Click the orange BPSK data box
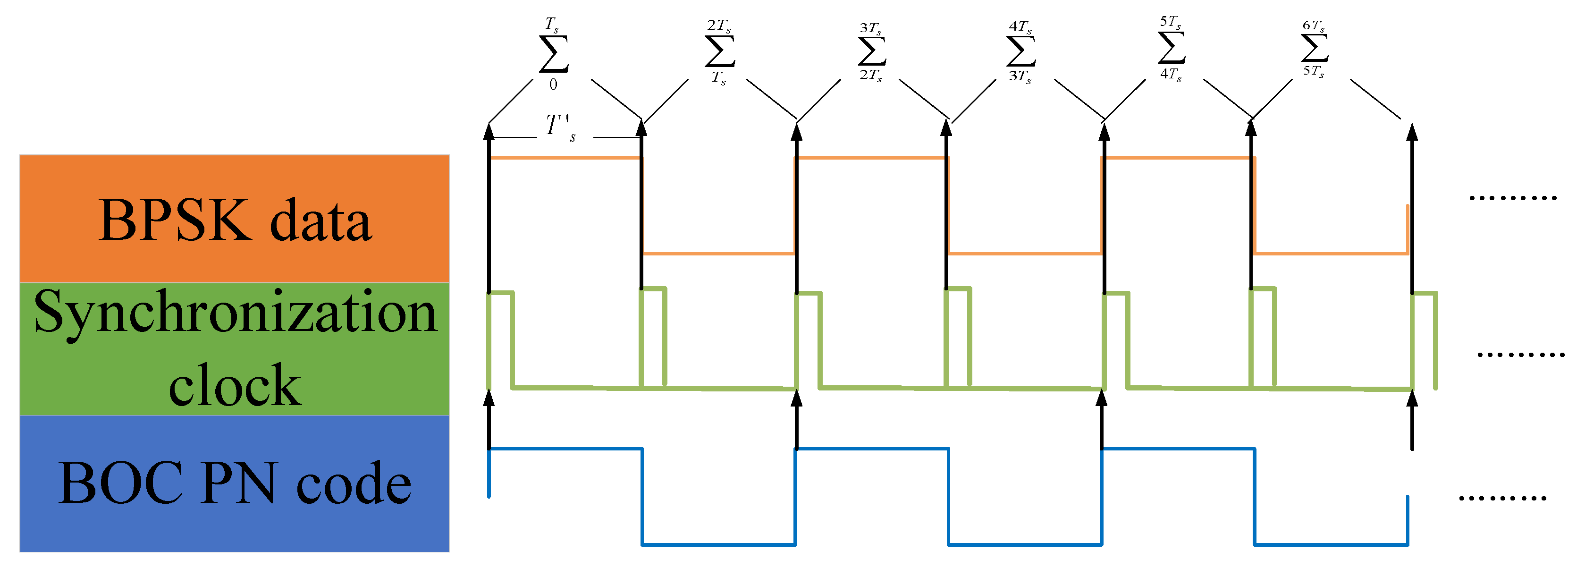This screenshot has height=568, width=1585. [x=234, y=219]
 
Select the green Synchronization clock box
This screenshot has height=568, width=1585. [x=234, y=348]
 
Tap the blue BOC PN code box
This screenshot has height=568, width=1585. [x=234, y=483]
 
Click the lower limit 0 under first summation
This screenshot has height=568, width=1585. [x=553, y=85]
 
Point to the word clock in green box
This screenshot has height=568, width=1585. [x=235, y=386]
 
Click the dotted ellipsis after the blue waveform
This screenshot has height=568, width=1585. [x=1502, y=498]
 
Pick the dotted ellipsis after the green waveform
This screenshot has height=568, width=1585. [x=1520, y=355]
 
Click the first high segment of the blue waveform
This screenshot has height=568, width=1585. [x=565, y=449]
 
